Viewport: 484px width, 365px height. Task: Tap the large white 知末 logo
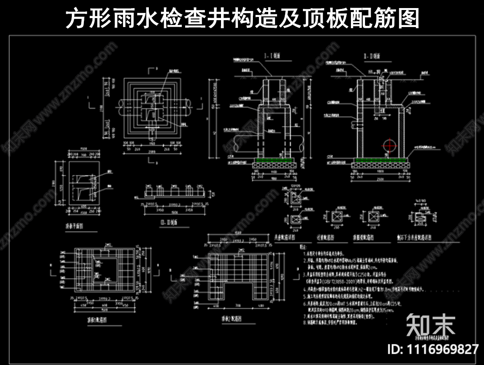tap(431, 324)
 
